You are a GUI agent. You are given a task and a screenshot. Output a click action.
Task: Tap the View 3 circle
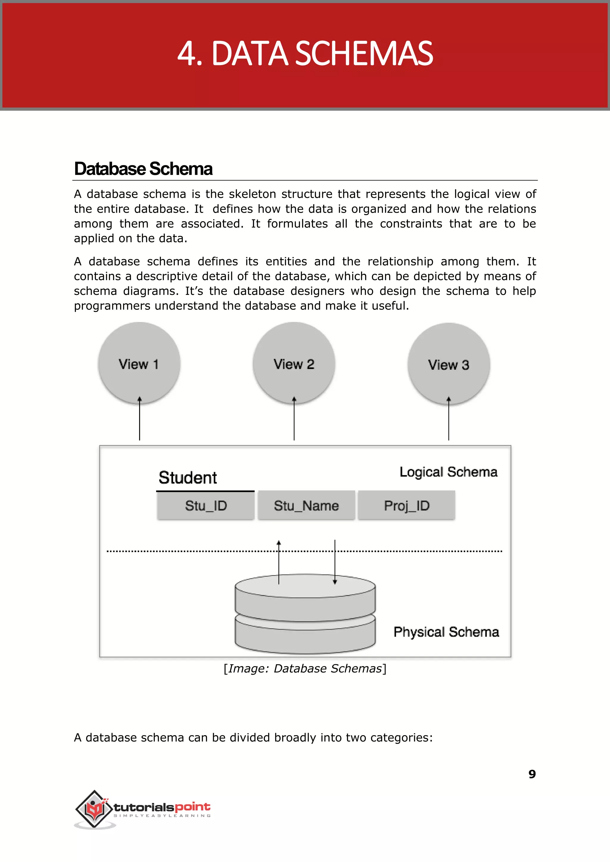coord(449,364)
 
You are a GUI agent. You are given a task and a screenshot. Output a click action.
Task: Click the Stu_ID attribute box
coord(206,505)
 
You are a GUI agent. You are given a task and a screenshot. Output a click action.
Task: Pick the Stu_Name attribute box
coord(306,505)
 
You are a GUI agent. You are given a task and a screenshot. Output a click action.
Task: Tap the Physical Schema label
coord(446,632)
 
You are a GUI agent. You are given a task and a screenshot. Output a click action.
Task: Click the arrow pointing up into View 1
coord(139,419)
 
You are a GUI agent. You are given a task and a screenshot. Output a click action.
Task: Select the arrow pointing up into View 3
coord(449,419)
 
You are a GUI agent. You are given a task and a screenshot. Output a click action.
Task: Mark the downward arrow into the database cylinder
coord(335,562)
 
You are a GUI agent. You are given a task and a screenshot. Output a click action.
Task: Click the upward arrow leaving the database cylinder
coord(279,562)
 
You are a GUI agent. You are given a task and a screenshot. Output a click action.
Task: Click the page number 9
coord(532,774)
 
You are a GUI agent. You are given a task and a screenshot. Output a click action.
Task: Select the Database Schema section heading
coord(144,169)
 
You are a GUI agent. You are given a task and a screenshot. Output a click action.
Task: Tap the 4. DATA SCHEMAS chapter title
coord(305,54)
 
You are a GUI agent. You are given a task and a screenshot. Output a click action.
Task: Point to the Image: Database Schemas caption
coord(305,669)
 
